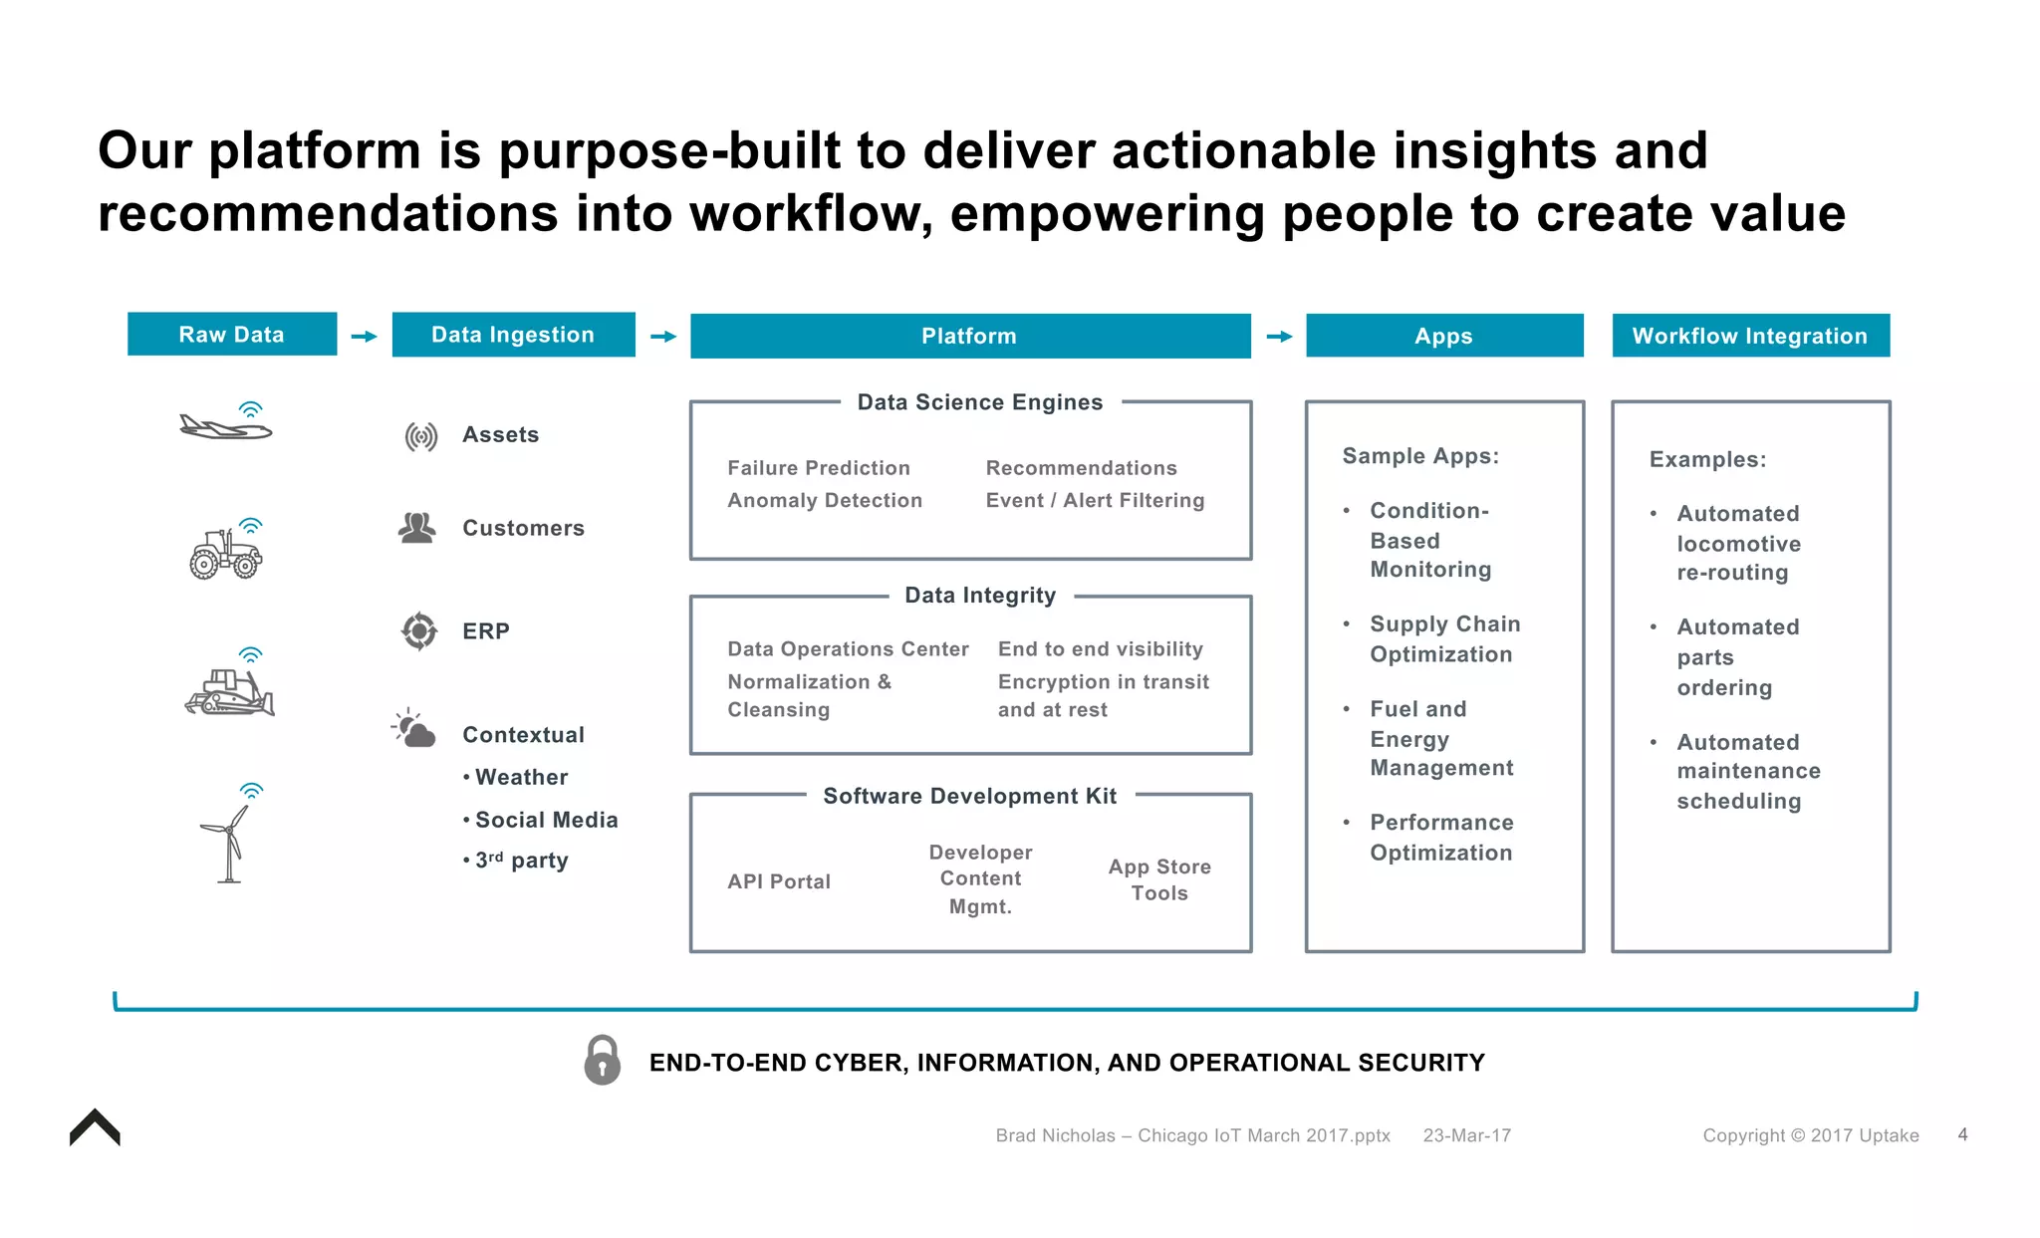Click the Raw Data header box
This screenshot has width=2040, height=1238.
[231, 335]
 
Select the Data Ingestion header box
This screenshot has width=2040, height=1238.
[513, 335]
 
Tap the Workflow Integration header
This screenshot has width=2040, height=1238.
[1750, 336]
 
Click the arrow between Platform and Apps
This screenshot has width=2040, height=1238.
[1279, 337]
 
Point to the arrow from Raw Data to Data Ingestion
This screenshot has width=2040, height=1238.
[365, 337]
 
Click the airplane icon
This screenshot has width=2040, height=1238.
[226, 426]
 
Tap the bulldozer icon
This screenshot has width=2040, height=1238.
[229, 690]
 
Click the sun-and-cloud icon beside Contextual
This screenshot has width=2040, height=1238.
[413, 729]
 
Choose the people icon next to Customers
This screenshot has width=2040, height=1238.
[416, 528]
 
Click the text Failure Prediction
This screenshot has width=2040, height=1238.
[818, 468]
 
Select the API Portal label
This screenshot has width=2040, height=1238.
[778, 881]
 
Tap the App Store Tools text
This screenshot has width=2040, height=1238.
[1159, 879]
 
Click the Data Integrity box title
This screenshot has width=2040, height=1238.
[979, 596]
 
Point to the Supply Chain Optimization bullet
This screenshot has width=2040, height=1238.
[1443, 638]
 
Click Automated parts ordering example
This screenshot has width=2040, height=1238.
[1736, 657]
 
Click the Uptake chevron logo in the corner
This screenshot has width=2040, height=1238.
[95, 1128]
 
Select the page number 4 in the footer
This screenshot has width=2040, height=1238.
[1962, 1134]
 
